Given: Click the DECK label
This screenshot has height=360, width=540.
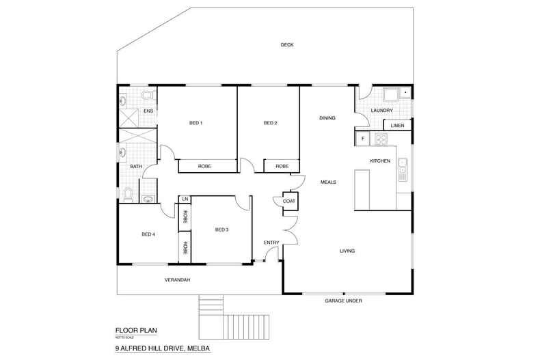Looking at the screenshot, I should pyautogui.click(x=286, y=45).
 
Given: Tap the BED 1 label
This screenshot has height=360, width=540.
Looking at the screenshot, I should pyautogui.click(x=196, y=123).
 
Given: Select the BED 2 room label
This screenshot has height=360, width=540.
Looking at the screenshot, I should pyautogui.click(x=270, y=123).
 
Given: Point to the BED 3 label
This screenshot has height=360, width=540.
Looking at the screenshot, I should pyautogui.click(x=221, y=230).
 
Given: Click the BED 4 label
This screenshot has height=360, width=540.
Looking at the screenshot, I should pyautogui.click(x=148, y=234).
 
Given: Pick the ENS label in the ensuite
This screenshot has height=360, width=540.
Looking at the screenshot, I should pyautogui.click(x=147, y=110).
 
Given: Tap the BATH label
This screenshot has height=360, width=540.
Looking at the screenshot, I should pyautogui.click(x=136, y=166).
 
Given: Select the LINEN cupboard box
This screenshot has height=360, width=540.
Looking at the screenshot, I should pyautogui.click(x=397, y=126).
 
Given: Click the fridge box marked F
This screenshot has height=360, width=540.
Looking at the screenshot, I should pyautogui.click(x=362, y=139).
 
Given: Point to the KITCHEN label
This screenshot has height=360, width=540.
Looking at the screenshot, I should pyautogui.click(x=380, y=161).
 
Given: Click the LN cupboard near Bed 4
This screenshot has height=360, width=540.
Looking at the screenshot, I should pyautogui.click(x=184, y=199).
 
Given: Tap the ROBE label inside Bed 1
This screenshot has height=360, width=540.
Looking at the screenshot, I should pyautogui.click(x=204, y=166).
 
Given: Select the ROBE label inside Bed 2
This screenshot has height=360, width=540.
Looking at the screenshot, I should pyautogui.click(x=281, y=166).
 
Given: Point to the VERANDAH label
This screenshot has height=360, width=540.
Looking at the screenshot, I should pyautogui.click(x=176, y=280).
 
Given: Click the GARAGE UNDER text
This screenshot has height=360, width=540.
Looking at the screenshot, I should pyautogui.click(x=343, y=301).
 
